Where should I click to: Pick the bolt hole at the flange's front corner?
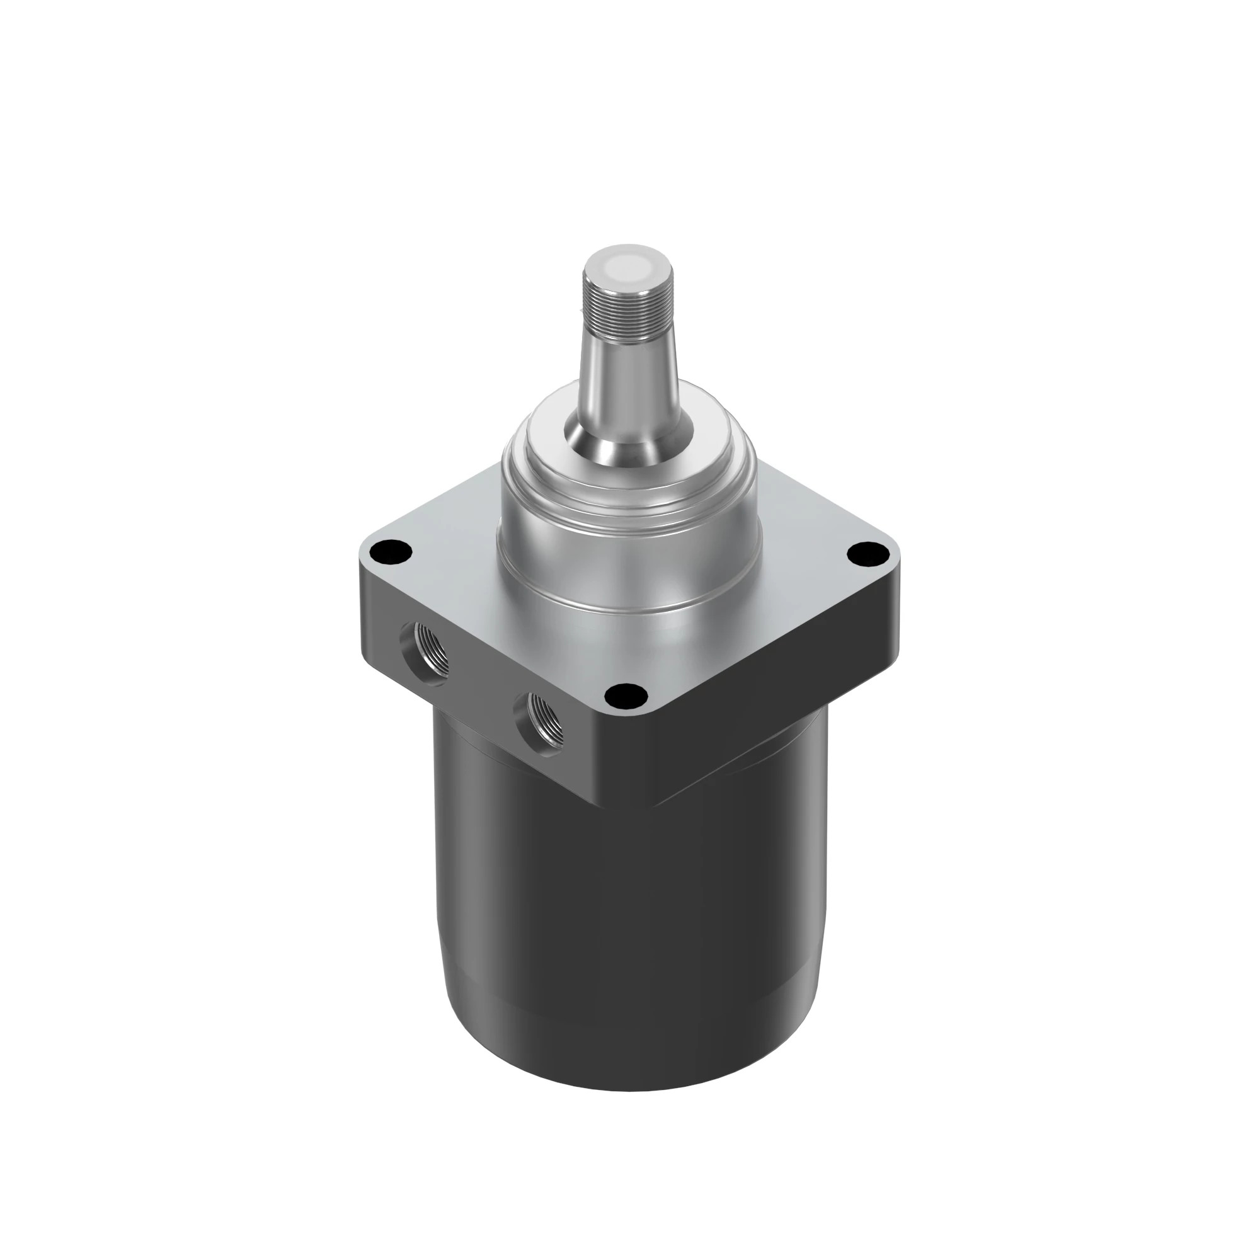pyautogui.click(x=626, y=696)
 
